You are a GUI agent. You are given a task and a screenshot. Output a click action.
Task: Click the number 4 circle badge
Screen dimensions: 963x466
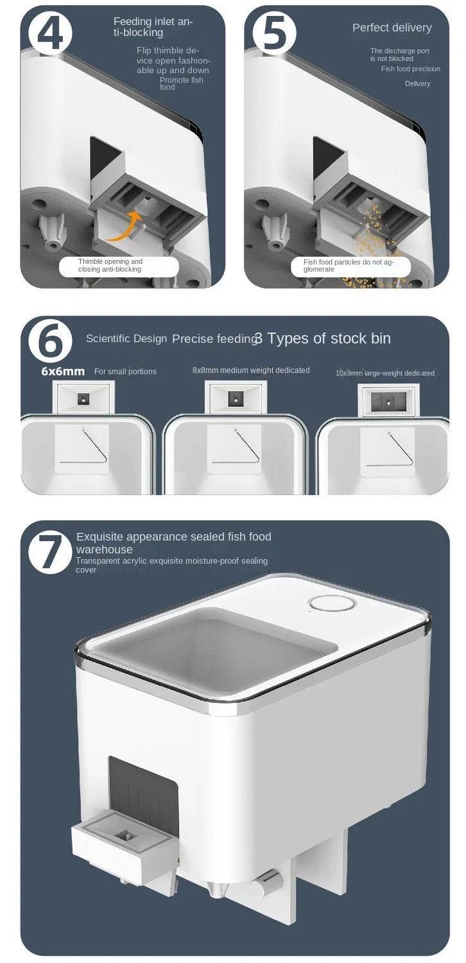[x=50, y=31]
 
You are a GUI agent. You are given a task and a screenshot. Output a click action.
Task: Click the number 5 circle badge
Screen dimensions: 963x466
[x=275, y=31]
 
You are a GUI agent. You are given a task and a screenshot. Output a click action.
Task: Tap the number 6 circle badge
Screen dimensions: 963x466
[x=50, y=342]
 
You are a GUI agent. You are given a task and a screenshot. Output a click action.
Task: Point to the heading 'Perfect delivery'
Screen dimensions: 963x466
[x=392, y=28]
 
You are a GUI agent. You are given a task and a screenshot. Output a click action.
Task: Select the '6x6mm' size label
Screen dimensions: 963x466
[x=63, y=372]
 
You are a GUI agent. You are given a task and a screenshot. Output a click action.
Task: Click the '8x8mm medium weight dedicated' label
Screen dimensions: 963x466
[x=251, y=370]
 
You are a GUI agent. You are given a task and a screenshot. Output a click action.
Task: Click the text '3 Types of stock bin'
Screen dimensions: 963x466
[x=322, y=339]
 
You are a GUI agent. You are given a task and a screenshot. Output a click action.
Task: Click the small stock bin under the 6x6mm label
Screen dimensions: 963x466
[x=85, y=399]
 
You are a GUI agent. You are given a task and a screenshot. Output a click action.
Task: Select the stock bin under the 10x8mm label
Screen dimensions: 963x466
[x=389, y=399]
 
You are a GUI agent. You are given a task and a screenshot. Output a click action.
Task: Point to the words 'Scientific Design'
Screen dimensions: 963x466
[x=126, y=339]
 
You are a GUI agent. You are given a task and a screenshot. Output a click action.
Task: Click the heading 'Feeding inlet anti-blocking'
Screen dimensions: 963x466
[x=152, y=27]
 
